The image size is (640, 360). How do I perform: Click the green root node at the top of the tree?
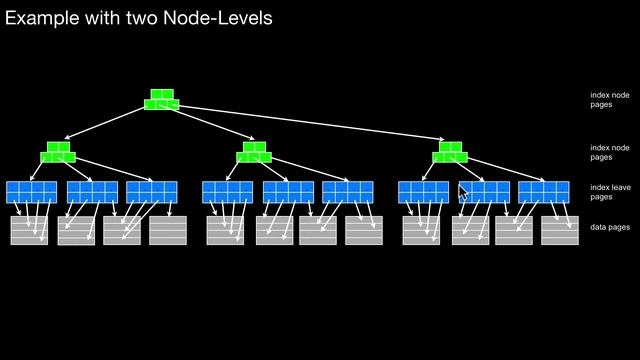[161, 99]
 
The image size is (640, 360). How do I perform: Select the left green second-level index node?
[58, 152]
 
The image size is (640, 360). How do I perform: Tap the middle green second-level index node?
[254, 152]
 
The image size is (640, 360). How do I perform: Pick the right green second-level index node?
[450, 152]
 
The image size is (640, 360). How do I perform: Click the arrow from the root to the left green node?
[105, 124]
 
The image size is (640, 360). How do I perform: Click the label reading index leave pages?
[609, 192]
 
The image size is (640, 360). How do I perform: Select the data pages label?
[609, 229]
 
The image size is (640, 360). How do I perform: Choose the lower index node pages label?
[609, 152]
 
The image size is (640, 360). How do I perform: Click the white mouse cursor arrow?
[462, 193]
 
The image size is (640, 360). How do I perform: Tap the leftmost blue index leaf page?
[31, 192]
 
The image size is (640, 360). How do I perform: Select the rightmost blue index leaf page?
[544, 192]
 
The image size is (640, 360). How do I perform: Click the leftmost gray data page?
[29, 230]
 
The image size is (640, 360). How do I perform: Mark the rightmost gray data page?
[560, 230]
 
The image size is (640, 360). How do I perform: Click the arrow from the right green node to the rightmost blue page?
[505, 170]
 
